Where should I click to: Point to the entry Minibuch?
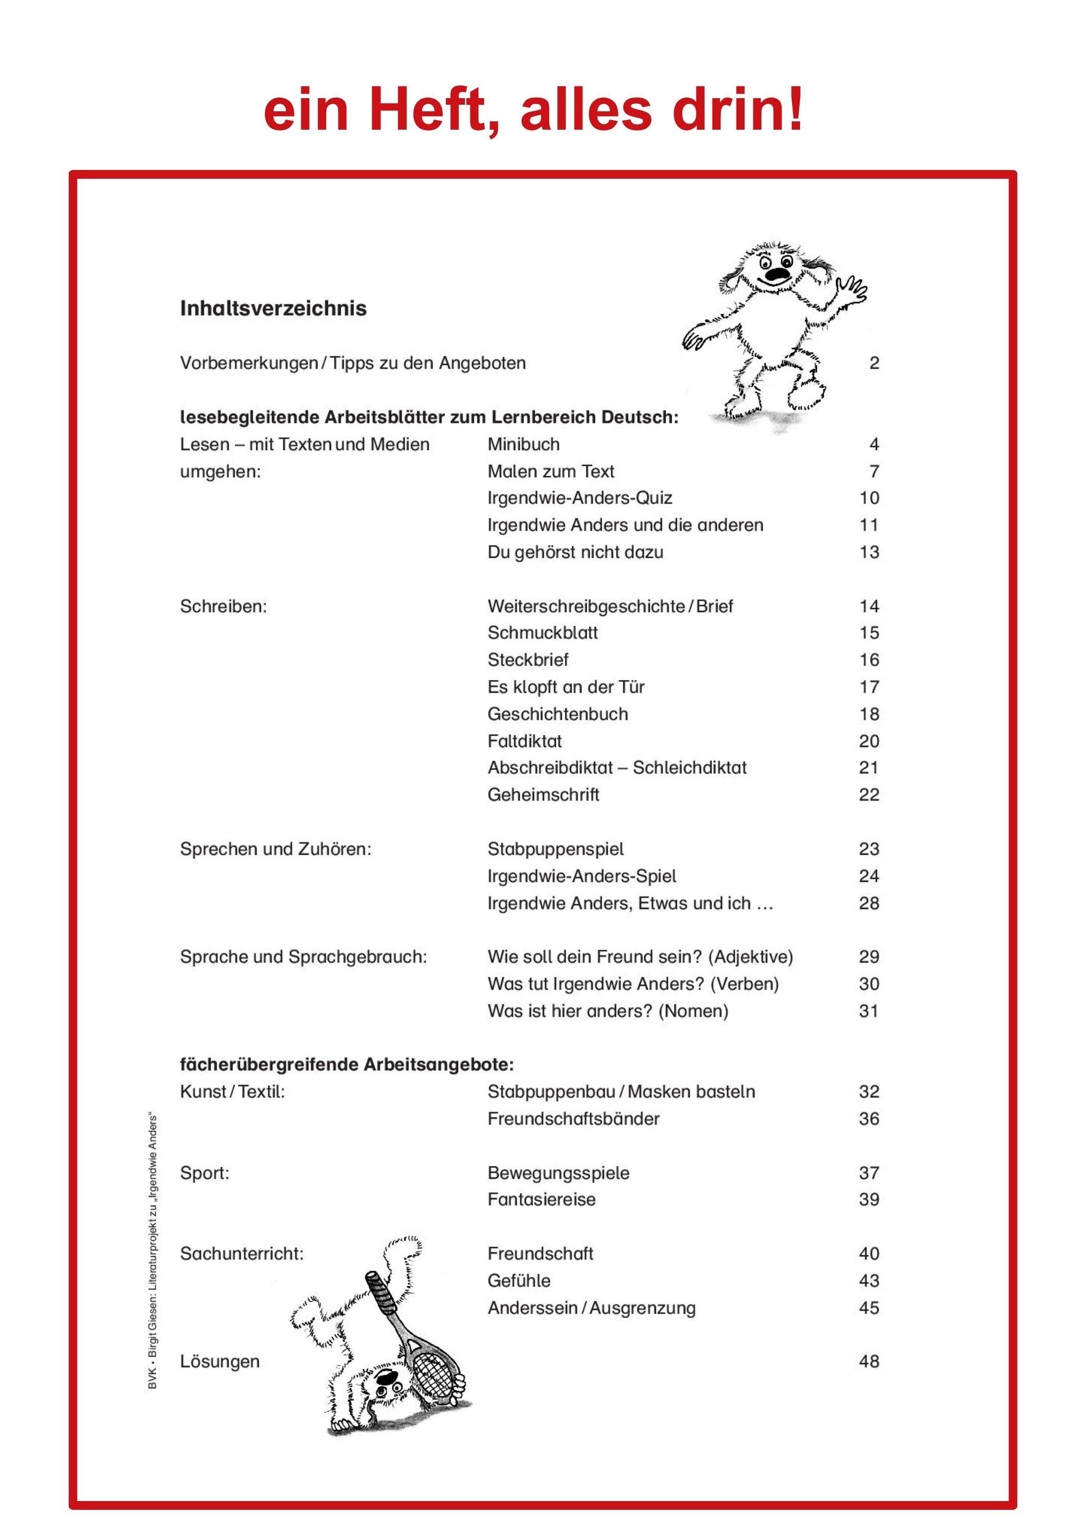523,445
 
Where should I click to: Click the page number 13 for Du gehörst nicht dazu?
868,552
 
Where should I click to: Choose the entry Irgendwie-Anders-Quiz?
579,498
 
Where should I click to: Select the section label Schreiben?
223,606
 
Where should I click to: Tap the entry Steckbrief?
528,660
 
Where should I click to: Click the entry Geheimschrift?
543,795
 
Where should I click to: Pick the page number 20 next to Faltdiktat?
868,741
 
